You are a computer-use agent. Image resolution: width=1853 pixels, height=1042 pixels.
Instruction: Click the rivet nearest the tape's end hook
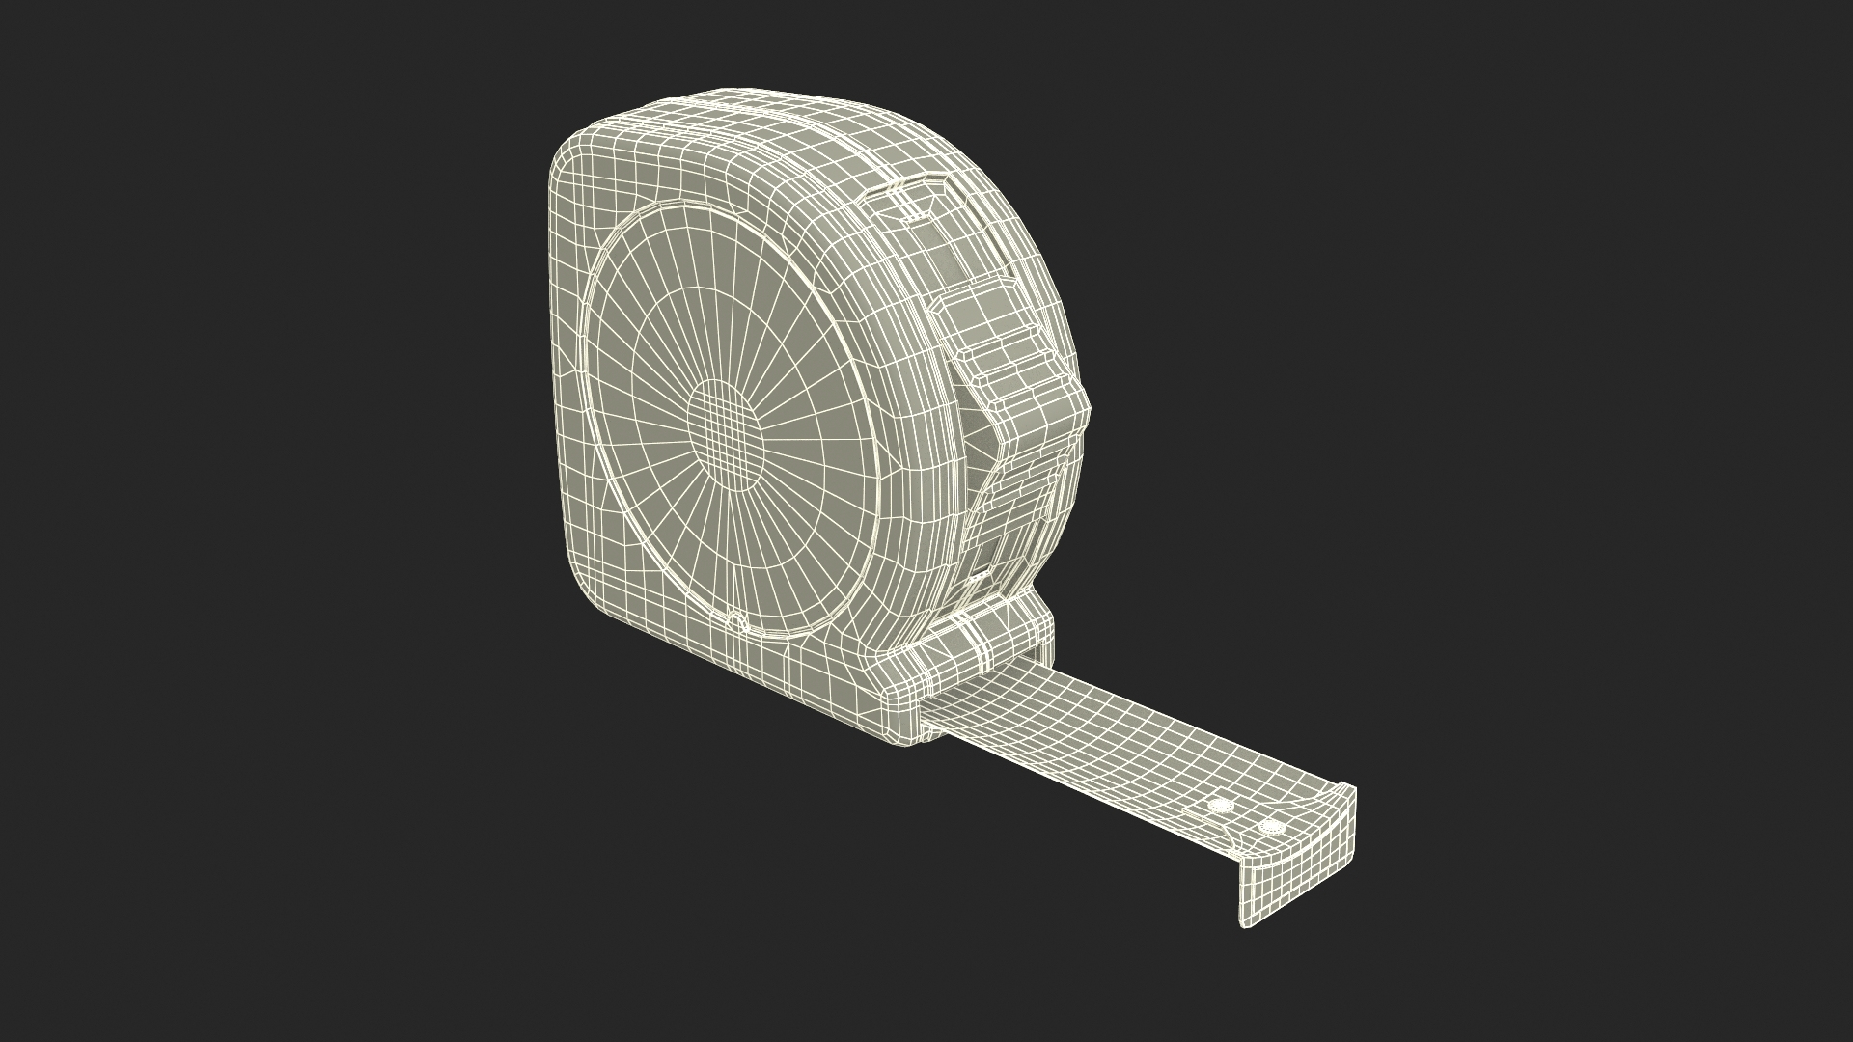[x=1273, y=827]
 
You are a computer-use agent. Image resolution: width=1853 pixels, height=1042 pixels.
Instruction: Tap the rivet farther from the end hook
[x=1222, y=805]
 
